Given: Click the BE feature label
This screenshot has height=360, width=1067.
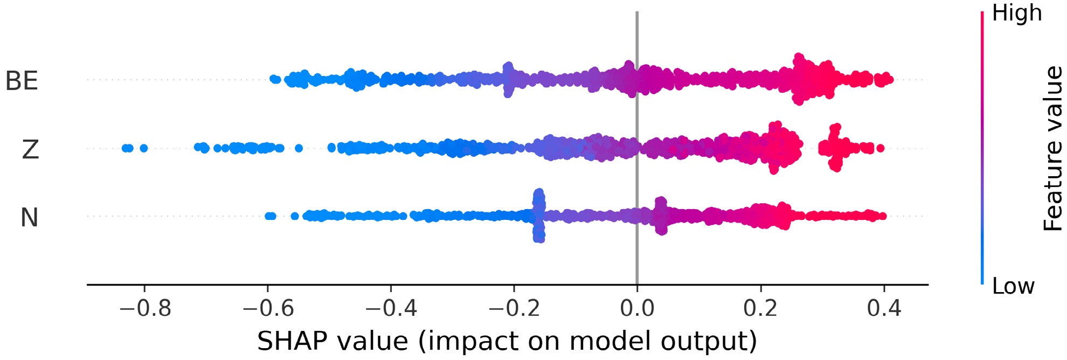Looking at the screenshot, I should [x=22, y=81].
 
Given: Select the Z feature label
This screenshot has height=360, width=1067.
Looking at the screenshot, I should [x=30, y=149].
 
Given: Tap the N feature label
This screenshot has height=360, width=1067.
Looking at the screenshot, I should [x=29, y=218].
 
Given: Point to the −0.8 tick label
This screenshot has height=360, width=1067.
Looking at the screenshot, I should [x=144, y=308].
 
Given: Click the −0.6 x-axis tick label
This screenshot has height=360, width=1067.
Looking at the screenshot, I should [x=268, y=308].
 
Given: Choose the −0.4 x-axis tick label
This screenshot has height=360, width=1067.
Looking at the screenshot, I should [x=391, y=308].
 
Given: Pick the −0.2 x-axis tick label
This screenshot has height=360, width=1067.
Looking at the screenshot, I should [x=514, y=308].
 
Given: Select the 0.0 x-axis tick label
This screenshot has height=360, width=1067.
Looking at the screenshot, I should [x=637, y=308].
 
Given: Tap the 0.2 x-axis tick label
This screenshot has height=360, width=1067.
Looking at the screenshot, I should [x=760, y=308].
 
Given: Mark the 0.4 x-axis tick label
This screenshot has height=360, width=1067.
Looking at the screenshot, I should [x=884, y=308].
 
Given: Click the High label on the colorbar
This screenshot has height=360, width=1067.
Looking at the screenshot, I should [x=1016, y=13].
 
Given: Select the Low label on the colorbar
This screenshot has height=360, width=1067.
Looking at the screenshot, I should [x=1013, y=286].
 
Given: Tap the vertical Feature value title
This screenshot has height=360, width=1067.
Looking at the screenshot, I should [x=1052, y=149].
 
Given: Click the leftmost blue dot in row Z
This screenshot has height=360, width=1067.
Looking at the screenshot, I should [x=125, y=148].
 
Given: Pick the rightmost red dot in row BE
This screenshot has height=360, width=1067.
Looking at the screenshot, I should [x=889, y=80].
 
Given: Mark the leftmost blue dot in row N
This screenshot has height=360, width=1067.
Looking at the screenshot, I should [x=268, y=216].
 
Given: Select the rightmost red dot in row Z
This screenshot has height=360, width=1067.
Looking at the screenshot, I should [x=881, y=148].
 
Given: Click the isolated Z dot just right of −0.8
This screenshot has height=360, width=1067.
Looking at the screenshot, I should [x=144, y=148].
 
